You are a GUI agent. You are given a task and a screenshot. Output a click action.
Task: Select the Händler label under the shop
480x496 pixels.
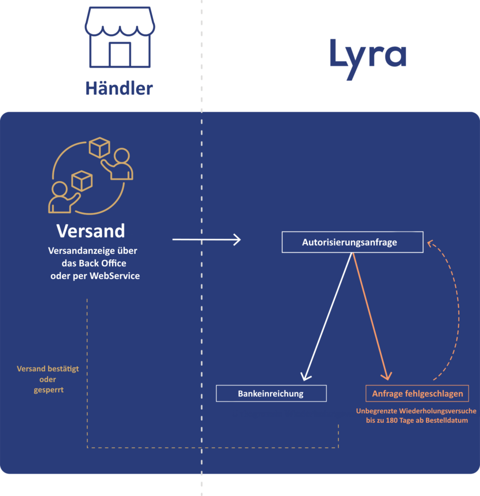tap(119, 88)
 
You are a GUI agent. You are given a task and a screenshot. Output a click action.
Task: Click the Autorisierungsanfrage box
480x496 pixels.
tap(352, 242)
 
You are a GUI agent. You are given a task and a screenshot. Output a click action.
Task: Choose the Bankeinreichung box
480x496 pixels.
tap(271, 393)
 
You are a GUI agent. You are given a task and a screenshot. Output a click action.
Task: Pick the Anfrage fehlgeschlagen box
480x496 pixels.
tap(417, 393)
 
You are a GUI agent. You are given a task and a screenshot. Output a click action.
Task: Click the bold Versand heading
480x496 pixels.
tap(91, 231)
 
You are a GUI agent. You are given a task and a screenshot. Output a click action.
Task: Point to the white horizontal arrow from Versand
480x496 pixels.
tap(206, 239)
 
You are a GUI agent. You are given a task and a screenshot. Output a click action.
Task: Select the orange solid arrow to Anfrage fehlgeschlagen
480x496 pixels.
tap(371, 317)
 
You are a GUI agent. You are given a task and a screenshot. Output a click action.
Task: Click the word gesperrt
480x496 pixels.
tap(48, 390)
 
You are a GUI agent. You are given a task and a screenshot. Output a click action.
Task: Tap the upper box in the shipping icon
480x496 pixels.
tap(99, 147)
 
